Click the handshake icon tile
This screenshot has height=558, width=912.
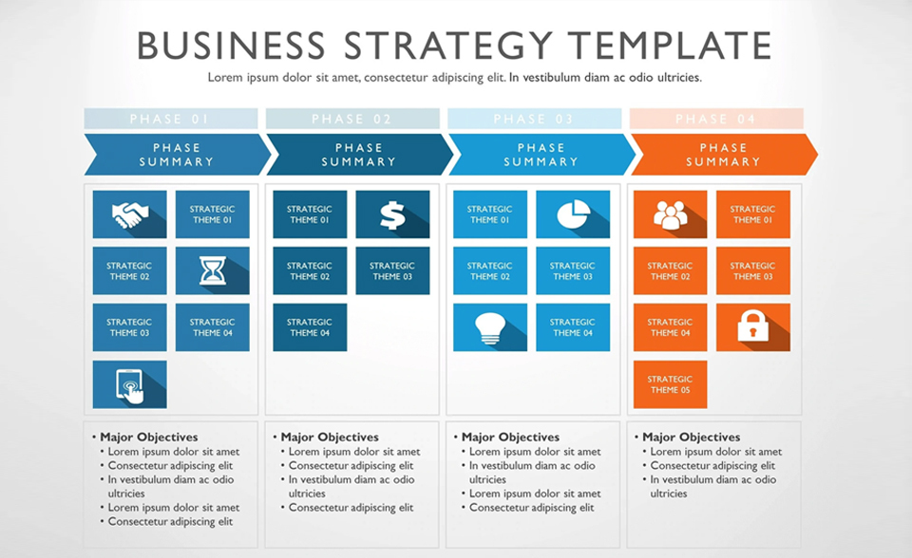[130, 214]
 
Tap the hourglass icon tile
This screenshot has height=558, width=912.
[212, 270]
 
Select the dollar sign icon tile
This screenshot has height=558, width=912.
[392, 214]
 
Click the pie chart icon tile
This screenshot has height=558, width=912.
[573, 214]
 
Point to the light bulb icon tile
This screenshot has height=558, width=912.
[490, 327]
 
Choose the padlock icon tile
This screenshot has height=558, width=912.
[753, 327]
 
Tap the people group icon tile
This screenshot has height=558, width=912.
[670, 214]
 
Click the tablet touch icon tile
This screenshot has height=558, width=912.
[130, 384]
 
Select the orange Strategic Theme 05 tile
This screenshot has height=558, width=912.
[670, 384]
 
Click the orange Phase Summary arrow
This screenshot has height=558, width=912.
[724, 155]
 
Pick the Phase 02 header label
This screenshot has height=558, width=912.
[352, 119]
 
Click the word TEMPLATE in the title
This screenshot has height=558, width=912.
[670, 46]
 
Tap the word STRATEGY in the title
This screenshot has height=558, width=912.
[447, 46]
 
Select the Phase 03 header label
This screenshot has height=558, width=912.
[535, 119]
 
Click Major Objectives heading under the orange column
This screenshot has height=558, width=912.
[692, 437]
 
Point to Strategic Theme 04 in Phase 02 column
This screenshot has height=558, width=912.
[310, 327]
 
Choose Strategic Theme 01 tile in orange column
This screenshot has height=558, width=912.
[753, 214]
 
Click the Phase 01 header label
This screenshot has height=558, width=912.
[171, 119]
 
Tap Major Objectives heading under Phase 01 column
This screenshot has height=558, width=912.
[149, 437]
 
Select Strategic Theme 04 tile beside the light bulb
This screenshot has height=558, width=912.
[573, 327]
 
